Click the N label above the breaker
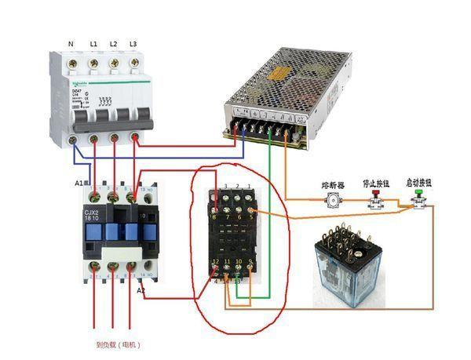click(71, 43)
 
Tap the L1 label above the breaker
click(93, 43)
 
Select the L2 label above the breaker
click(114, 43)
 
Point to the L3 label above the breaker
click(133, 43)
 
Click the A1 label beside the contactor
click(79, 183)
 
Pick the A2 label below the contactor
click(141, 290)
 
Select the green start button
click(417, 202)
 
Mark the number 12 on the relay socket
click(214, 260)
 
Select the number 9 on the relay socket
click(249, 260)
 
